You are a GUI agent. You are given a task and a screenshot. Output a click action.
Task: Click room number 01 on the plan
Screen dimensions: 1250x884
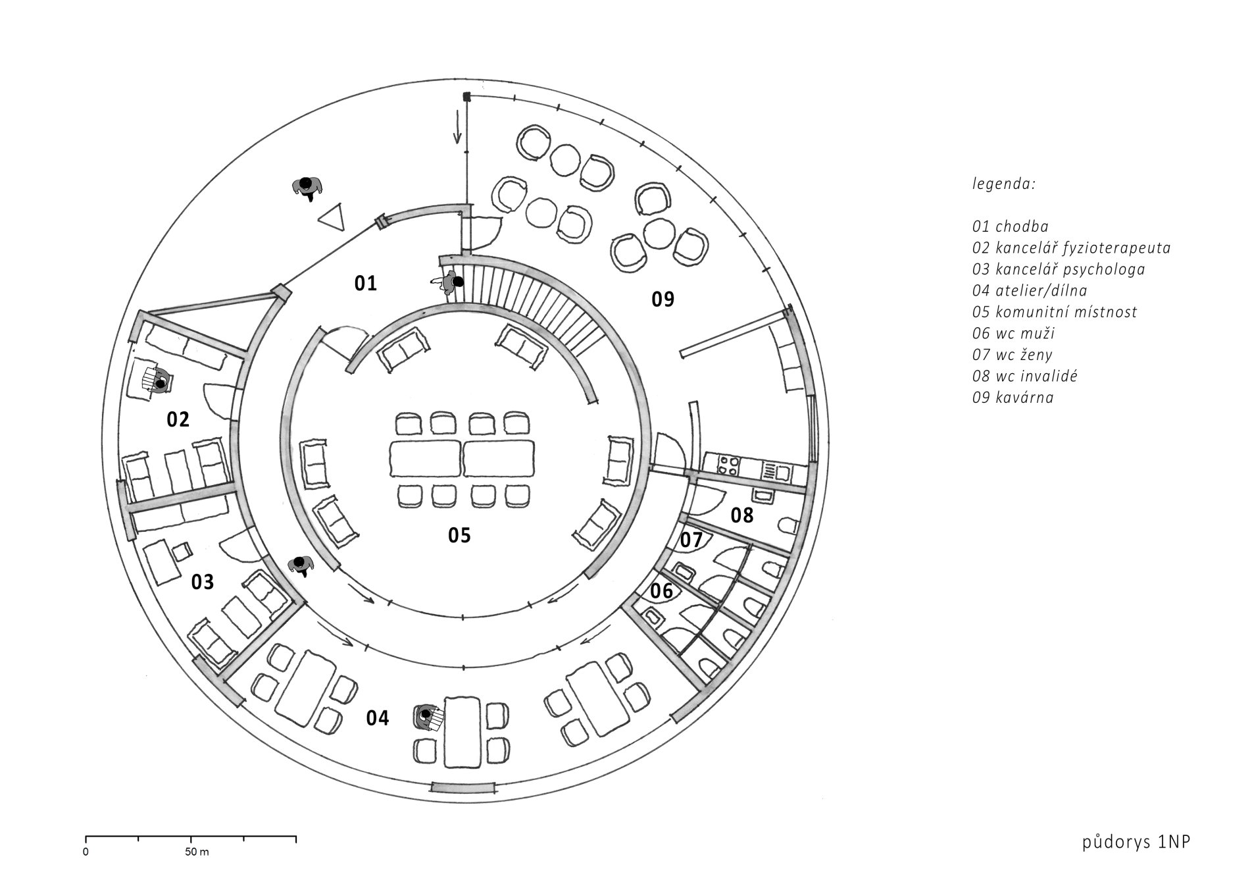(x=366, y=283)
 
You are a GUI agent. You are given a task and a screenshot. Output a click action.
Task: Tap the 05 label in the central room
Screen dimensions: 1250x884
(x=459, y=535)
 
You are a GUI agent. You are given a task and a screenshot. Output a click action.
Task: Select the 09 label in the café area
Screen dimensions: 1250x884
(x=663, y=299)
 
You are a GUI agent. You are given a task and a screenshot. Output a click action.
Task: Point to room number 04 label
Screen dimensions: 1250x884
(x=378, y=718)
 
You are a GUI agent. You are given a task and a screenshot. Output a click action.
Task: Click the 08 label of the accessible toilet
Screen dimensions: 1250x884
(x=742, y=515)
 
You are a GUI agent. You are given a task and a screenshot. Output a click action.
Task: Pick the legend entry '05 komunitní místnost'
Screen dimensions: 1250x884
(x=1055, y=312)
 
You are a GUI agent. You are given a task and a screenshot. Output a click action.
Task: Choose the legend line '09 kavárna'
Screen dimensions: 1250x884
(x=1013, y=398)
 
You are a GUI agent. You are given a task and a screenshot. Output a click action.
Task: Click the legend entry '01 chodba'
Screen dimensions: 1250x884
(x=1011, y=226)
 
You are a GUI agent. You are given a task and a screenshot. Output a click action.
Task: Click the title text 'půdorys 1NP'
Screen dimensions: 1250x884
(x=1136, y=861)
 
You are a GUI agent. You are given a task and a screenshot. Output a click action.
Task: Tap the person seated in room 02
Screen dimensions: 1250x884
(x=159, y=381)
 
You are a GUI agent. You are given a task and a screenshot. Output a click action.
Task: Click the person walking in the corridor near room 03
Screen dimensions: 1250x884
(x=301, y=565)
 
